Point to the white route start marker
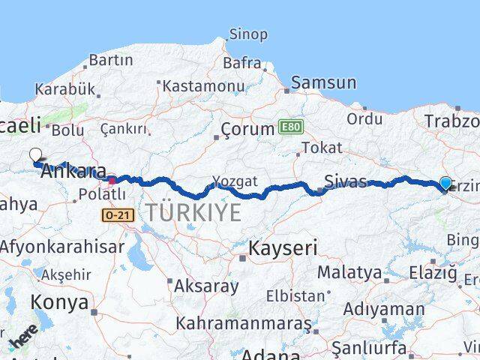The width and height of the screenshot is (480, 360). tap(35, 155)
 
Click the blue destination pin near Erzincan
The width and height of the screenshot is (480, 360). tap(445, 183)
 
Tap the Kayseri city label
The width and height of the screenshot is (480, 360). tap(283, 247)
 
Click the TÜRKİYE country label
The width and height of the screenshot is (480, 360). tap(193, 212)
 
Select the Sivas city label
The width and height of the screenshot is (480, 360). tap(346, 181)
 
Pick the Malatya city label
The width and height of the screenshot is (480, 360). tap(349, 271)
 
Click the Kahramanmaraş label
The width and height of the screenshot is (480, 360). tap(243, 323)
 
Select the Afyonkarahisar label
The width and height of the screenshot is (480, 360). tap(62, 246)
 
